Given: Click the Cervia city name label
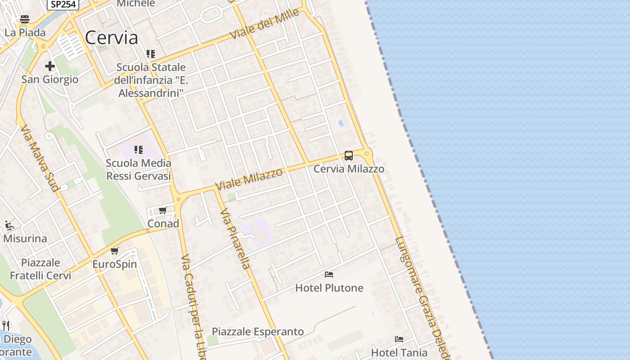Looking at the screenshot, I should [111, 38].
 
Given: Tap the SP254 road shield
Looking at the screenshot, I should [63, 4].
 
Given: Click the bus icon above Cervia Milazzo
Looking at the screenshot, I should [349, 156].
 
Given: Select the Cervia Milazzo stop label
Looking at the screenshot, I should [349, 169].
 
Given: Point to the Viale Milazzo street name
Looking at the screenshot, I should [249, 179].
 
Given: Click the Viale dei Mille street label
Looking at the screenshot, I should [265, 23].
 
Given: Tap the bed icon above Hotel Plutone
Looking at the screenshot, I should [329, 274].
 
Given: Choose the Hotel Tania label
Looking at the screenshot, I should [399, 352].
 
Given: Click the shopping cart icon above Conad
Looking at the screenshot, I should [163, 211].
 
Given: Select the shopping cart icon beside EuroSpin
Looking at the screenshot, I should [115, 251].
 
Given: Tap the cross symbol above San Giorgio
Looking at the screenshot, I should [50, 67].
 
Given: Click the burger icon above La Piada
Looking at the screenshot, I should [25, 19].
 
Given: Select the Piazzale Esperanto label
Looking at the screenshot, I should [258, 332].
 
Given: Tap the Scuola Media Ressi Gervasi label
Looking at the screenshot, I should [139, 170].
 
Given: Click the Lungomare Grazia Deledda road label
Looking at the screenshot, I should [422, 297].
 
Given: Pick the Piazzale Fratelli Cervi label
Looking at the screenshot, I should [40, 269].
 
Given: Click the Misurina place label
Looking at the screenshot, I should [25, 238].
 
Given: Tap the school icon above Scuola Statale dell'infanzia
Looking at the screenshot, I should [151, 54].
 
